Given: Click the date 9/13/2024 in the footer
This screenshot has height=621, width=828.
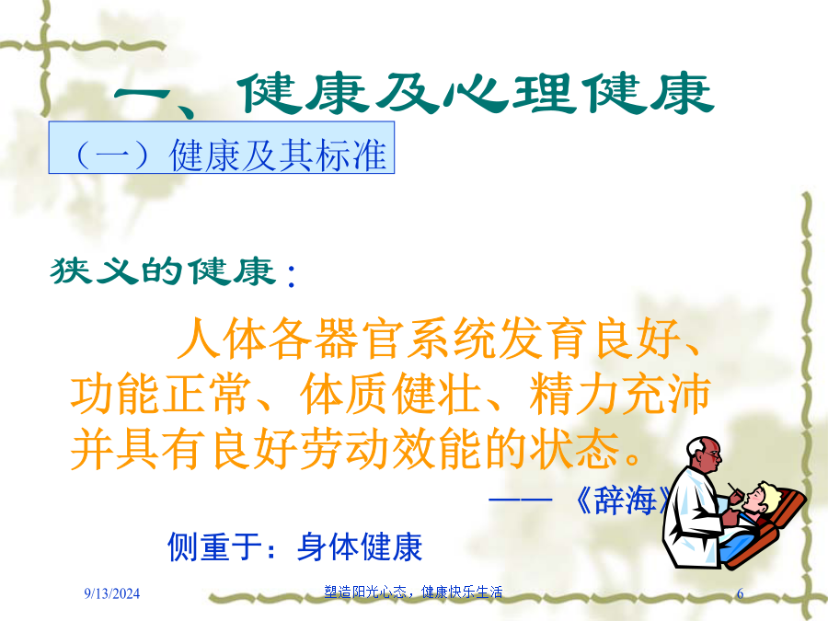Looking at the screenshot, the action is coord(112,593).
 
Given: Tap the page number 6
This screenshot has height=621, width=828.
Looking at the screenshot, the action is coord(740,593).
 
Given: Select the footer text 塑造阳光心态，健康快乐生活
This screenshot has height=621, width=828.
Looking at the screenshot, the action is coord(413,592).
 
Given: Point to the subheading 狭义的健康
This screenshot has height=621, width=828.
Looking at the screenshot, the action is coord(163,271).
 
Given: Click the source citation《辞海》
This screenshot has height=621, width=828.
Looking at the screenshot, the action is coord(623,500).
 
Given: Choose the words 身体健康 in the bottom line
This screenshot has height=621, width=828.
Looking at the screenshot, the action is coord(359,546).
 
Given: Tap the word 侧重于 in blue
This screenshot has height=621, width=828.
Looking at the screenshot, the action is coord(214,546).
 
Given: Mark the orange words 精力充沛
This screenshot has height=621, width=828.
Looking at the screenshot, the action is coord(620,395).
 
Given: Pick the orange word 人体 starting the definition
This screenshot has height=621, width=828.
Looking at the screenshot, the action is coord(223,339).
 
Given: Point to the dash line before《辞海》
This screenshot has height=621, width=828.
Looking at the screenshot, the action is coord(521,499).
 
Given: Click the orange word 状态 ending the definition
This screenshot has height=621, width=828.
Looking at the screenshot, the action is coord(575,449).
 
